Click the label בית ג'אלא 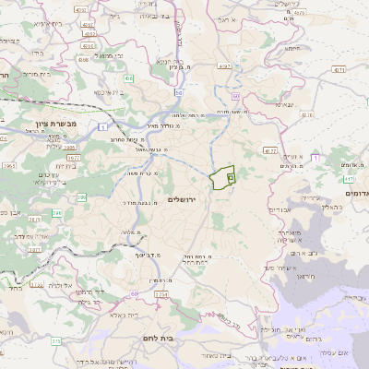coord(148,315)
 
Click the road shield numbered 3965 coord(10,165)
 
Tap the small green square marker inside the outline coord(231,175)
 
